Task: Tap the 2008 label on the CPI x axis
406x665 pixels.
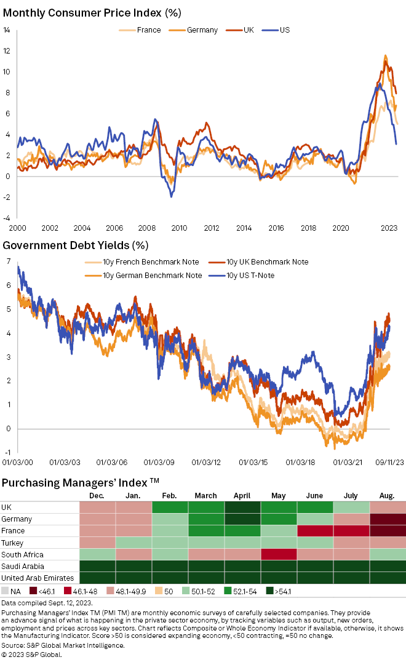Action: click(x=147, y=228)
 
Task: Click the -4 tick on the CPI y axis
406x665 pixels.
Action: click(x=6, y=218)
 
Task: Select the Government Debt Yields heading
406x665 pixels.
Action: click(x=76, y=245)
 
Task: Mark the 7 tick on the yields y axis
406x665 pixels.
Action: click(x=8, y=262)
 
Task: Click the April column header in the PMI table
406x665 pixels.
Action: click(x=242, y=495)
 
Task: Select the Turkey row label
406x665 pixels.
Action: click(x=13, y=543)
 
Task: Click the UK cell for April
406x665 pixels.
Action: click(x=242, y=508)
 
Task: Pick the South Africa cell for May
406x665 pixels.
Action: click(x=279, y=554)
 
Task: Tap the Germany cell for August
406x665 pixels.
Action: click(x=388, y=519)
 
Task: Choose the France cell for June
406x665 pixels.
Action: click(x=315, y=531)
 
